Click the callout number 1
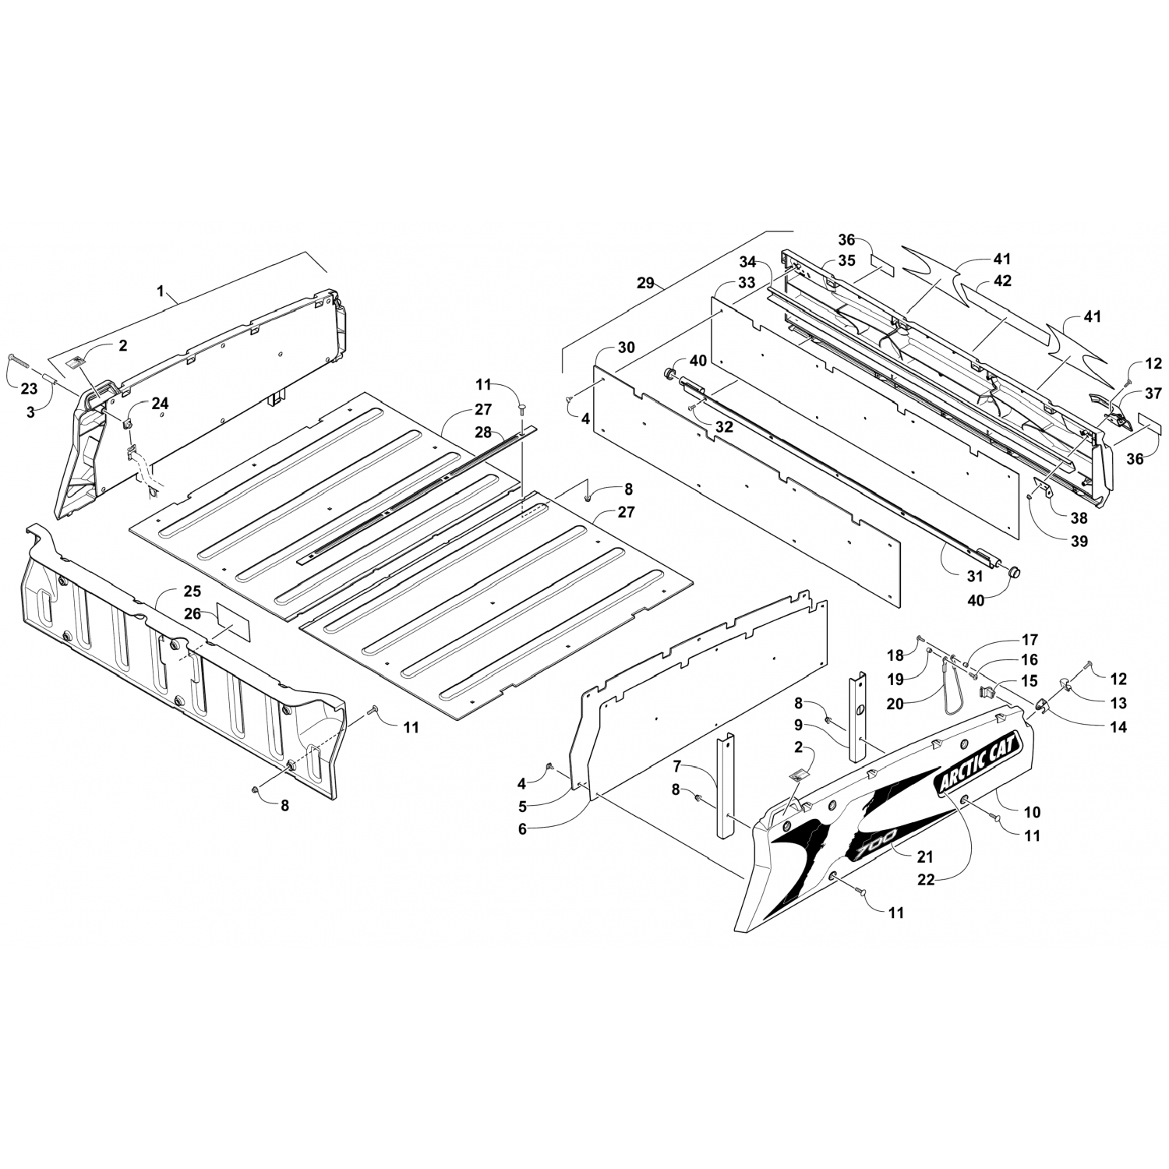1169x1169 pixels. [161, 291]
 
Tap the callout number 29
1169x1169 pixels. [646, 283]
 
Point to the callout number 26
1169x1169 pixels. [192, 614]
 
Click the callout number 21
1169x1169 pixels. [924, 856]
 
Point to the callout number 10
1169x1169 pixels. [1032, 812]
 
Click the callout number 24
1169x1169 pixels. [160, 403]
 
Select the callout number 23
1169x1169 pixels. [28, 389]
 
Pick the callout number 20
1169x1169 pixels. [895, 704]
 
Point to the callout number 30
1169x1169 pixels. [627, 347]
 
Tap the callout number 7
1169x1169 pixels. [676, 766]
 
